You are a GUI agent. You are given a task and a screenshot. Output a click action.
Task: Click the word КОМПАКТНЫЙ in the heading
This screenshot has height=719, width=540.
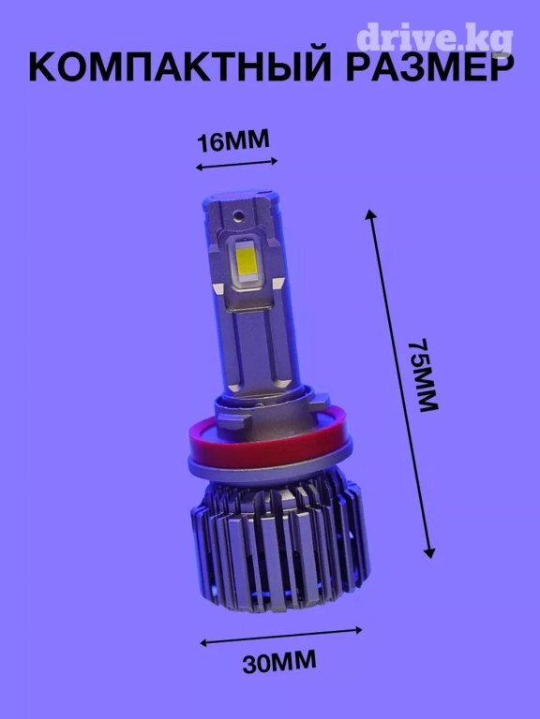180,67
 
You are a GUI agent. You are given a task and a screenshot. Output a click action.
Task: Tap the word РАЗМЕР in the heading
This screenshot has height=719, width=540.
429,68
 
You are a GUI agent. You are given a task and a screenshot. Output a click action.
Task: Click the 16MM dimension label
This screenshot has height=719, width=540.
232,140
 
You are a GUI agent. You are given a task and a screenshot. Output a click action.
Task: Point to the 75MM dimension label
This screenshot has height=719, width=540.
424,375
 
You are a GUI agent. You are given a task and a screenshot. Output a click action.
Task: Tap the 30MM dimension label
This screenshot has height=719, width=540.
279,661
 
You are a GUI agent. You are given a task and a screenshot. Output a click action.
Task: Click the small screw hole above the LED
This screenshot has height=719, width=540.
238,214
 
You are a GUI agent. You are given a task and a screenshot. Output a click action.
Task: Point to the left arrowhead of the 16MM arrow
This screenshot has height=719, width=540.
200,168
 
